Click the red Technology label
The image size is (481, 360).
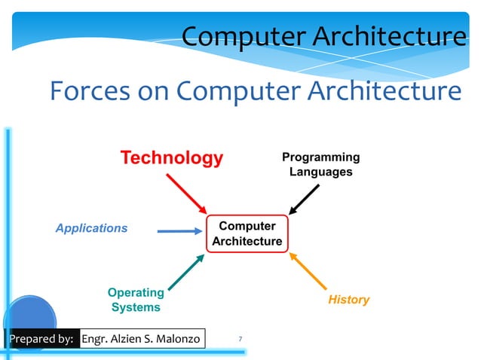point(172,158)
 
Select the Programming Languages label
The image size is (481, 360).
point(320,164)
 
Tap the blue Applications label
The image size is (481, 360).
point(91,228)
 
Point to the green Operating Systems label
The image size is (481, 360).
point(136,300)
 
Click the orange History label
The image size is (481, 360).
point(348,300)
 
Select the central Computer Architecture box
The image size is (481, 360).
point(247,234)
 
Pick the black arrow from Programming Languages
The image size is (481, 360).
point(304,200)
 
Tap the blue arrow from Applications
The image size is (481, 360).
point(179,232)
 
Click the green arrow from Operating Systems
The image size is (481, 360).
point(185,272)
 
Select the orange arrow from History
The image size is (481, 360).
point(308,272)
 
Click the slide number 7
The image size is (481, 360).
point(240,340)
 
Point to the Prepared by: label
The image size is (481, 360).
point(41,340)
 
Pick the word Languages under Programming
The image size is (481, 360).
point(320,172)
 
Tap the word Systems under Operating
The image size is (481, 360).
point(136,307)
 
